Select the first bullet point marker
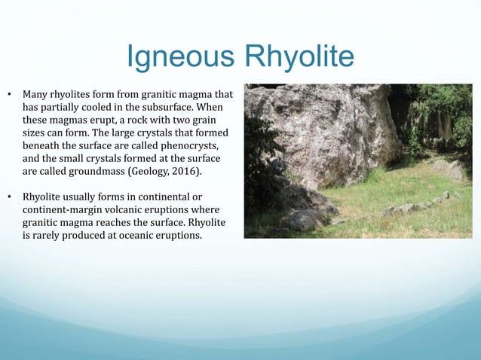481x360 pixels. [x=10, y=96]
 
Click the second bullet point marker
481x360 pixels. [x=10, y=198]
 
